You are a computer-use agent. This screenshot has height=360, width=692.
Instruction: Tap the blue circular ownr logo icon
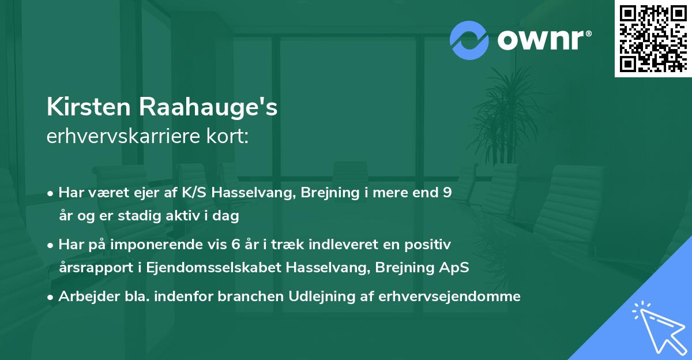pyautogui.click(x=469, y=40)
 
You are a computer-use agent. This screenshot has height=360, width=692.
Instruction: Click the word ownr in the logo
pyautogui.click(x=543, y=40)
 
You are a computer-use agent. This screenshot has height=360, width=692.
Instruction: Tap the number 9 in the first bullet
pyautogui.click(x=447, y=193)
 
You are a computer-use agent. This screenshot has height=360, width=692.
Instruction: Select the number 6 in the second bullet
pyautogui.click(x=235, y=244)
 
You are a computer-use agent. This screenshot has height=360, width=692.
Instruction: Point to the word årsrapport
pyautogui.click(x=91, y=268)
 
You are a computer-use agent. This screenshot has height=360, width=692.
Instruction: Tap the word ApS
pyautogui.click(x=456, y=268)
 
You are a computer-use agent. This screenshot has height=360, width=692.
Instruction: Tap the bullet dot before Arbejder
pyautogui.click(x=51, y=297)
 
